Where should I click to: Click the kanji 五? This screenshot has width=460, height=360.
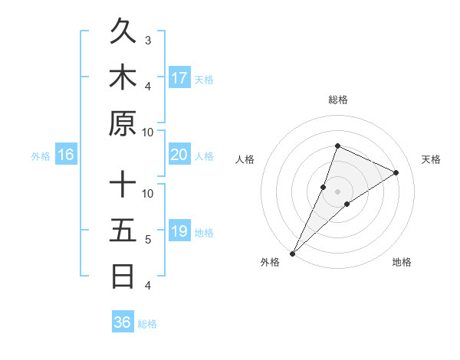123,231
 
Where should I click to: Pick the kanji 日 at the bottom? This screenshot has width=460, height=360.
123,276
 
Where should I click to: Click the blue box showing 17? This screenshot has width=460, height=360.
179,78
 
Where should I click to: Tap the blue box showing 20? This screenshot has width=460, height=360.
179,155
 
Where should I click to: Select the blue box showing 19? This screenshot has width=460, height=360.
179,231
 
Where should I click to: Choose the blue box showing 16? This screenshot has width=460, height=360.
66,155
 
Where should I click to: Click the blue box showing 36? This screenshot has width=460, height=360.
123,322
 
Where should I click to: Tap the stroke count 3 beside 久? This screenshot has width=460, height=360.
148,40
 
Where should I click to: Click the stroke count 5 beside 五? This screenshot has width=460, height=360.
148,240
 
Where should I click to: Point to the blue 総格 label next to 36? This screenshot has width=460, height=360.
148,324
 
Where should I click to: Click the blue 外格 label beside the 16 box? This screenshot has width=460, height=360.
41,156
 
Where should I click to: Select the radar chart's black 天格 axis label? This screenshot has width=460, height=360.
431,159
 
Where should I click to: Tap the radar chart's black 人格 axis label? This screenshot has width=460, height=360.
245,159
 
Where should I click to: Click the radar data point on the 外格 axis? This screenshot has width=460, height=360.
292,253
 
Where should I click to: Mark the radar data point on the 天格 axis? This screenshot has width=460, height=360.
396,172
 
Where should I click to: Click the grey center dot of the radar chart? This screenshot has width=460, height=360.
337,191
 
